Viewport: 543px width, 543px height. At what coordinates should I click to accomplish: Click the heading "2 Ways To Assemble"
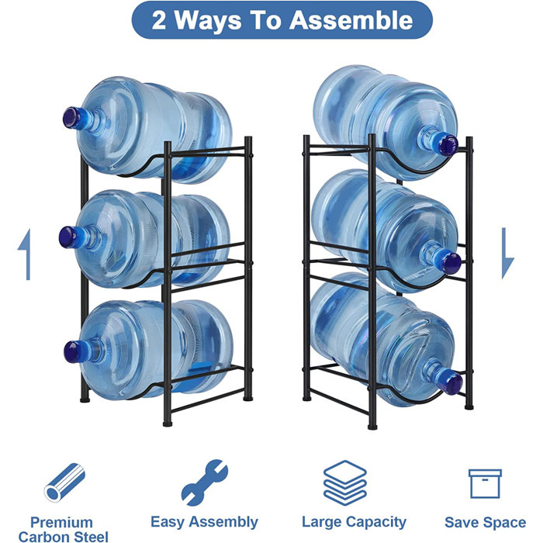(282, 21)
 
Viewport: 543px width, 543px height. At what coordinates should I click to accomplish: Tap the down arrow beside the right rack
(508, 253)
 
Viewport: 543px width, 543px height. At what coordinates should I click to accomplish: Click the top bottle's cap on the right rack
(447, 144)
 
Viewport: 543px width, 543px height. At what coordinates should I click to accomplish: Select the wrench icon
(204, 482)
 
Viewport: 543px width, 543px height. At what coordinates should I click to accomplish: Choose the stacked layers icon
(344, 482)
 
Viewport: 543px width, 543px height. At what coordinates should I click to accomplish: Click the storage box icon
(485, 483)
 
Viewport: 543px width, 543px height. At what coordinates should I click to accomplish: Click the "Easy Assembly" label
(204, 522)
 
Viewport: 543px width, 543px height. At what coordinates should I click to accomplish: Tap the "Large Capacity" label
(354, 522)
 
